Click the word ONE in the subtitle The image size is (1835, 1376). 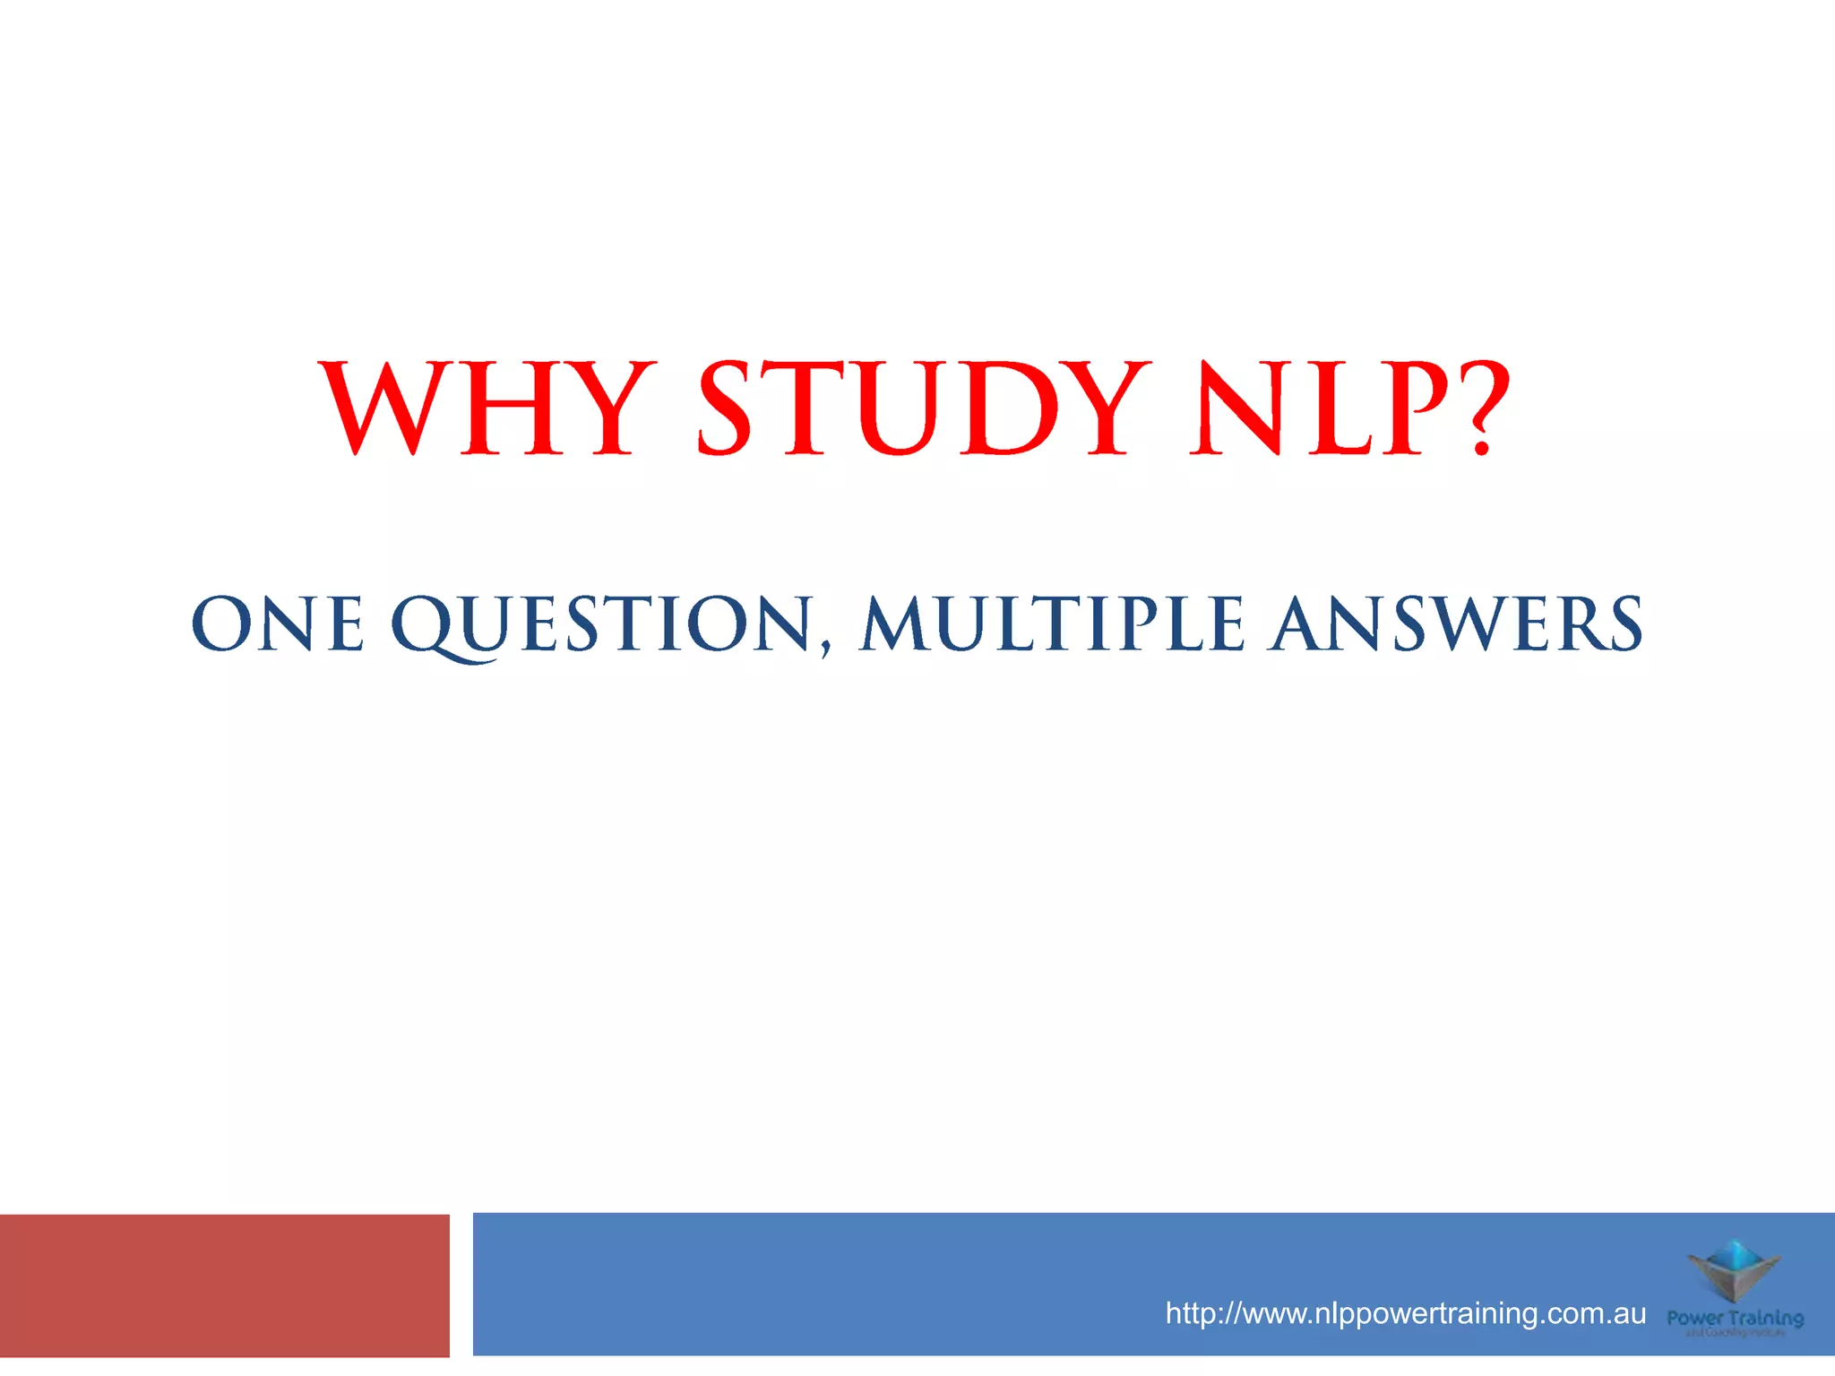pos(278,623)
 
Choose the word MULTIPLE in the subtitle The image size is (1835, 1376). pos(1052,623)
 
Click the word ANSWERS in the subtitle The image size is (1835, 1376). pos(1458,623)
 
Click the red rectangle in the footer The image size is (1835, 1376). pos(224,1286)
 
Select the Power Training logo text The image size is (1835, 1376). pos(1735,1319)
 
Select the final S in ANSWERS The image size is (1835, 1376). pos(1623,623)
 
